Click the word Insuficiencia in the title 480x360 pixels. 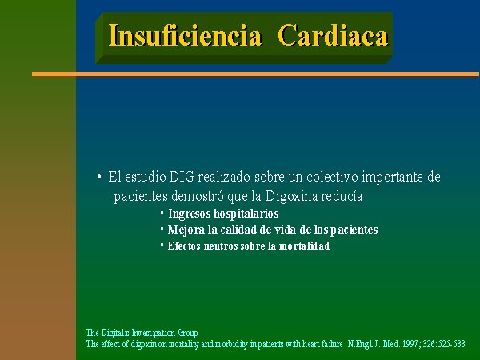tap(185, 35)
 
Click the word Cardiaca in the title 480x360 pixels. tap(333, 35)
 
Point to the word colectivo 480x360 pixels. tap(332, 177)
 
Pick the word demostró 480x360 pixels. tap(197, 196)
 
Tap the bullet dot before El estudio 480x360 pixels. tap(99, 177)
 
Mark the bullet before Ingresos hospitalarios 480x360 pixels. tap(162, 211)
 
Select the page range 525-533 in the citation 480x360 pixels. tap(451, 344)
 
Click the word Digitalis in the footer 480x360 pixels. tap(115, 333)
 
